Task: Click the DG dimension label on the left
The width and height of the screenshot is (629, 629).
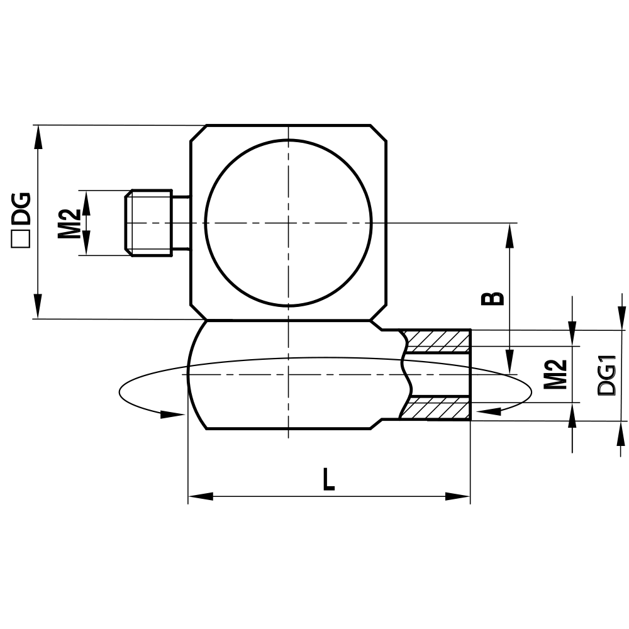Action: [21, 209]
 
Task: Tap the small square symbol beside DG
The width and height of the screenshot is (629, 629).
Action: [21, 240]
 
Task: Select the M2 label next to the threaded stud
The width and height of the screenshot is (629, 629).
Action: [70, 223]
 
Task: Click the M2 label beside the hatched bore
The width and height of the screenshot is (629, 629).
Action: [555, 373]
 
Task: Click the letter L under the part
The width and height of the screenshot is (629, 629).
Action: [328, 481]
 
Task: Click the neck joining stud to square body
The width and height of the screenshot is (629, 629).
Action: [181, 223]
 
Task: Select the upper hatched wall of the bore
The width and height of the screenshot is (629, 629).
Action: [438, 340]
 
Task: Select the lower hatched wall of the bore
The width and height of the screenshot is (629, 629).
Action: [437, 408]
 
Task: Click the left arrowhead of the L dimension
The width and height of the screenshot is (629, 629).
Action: [199, 496]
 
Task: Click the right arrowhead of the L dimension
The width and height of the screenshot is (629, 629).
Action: [458, 496]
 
